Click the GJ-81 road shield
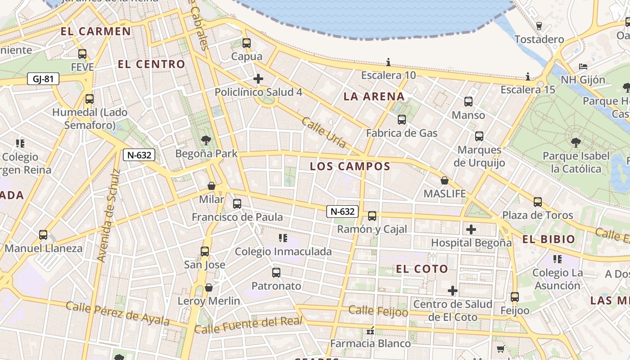click(x=43, y=79)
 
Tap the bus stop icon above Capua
click(x=246, y=43)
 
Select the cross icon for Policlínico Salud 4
click(x=258, y=79)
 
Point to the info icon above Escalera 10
click(x=388, y=62)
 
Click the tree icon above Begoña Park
click(x=206, y=140)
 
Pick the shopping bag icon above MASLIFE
click(x=445, y=180)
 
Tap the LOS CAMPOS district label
click(x=350, y=166)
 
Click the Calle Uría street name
click(x=324, y=132)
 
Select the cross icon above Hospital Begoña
click(x=471, y=230)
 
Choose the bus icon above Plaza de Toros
click(x=538, y=202)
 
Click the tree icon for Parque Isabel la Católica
click(x=576, y=143)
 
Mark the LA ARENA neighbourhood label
click(x=374, y=97)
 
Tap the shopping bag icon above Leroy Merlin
click(x=209, y=288)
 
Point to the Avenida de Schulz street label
click(x=108, y=216)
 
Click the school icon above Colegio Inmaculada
click(x=283, y=238)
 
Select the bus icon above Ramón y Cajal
click(x=372, y=216)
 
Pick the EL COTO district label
click(x=422, y=269)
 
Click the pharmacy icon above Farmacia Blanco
click(x=370, y=331)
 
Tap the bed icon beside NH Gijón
click(x=583, y=67)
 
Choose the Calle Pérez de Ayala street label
click(x=117, y=313)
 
